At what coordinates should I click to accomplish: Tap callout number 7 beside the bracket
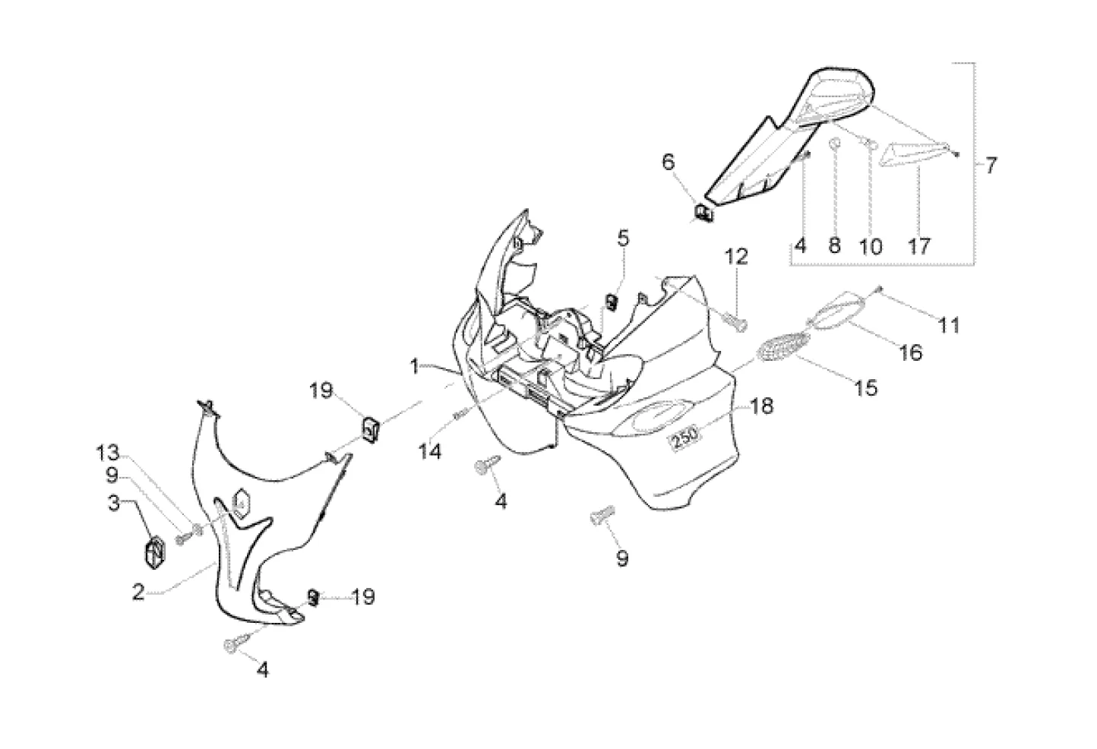[991, 164]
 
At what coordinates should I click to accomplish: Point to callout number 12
[737, 257]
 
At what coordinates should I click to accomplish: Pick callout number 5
[623, 239]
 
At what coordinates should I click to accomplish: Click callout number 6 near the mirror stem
[669, 162]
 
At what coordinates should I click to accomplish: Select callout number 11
[947, 325]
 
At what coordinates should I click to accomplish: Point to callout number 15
[865, 387]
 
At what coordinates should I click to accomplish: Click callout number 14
[430, 451]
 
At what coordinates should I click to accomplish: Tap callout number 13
[107, 454]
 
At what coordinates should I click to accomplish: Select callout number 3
[113, 503]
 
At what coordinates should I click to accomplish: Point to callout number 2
[138, 593]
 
